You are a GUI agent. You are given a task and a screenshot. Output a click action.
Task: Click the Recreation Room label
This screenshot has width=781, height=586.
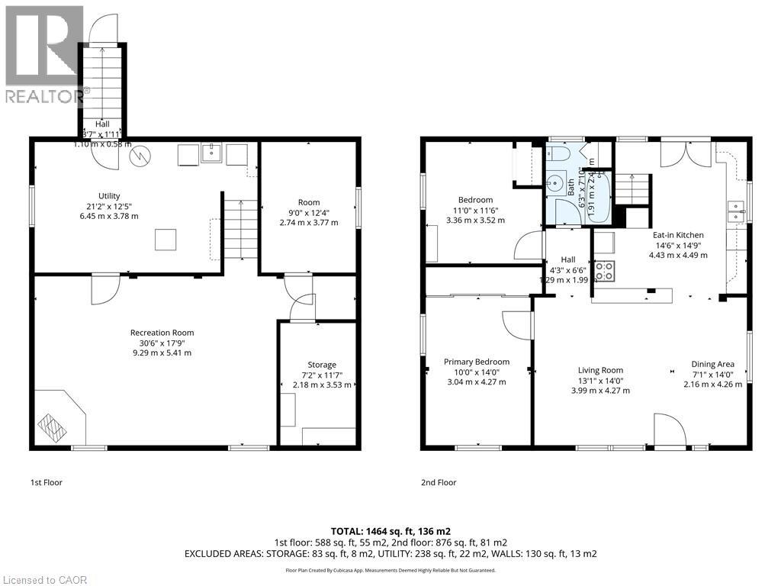tap(162, 333)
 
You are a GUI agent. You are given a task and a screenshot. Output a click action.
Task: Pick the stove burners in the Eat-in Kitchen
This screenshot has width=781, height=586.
tap(604, 269)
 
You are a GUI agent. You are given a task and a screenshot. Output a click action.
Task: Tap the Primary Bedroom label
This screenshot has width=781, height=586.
tap(477, 362)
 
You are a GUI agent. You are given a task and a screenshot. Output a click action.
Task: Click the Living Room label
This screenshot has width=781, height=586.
tap(600, 371)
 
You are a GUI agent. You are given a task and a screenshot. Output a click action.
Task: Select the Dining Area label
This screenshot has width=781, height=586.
tap(712, 364)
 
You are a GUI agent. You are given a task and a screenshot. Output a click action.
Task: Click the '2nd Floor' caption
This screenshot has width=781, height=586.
tap(439, 482)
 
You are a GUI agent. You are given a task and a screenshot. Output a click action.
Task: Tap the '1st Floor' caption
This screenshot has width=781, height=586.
tap(47, 482)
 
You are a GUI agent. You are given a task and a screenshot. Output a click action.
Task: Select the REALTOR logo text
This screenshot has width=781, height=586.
tap(44, 96)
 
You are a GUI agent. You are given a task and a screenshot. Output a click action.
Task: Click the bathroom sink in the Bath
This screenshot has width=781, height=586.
tap(556, 185)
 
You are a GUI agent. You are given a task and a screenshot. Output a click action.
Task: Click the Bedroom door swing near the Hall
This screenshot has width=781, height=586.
tap(528, 246)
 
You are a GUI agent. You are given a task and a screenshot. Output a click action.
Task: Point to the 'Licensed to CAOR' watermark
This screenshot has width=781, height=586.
tap(44, 579)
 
